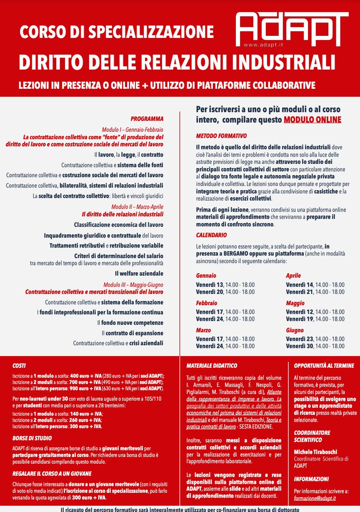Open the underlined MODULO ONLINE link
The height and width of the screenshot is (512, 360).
point(312,119)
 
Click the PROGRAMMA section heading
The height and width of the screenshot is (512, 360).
point(147,119)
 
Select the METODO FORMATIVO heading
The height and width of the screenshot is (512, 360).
point(221,136)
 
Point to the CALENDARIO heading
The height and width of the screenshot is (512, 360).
point(211,235)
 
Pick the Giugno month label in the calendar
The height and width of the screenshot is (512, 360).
point(295,330)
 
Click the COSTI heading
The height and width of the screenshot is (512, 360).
point(19,366)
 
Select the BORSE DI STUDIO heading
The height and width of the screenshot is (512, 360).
point(32,438)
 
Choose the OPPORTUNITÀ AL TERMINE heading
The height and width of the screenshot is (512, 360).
point(324,366)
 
